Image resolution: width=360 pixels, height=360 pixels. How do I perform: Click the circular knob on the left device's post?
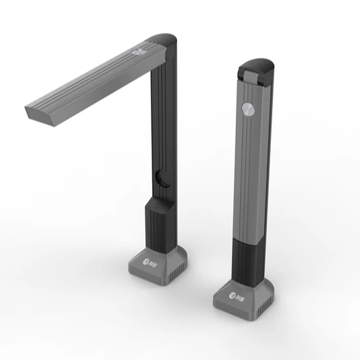(161, 178)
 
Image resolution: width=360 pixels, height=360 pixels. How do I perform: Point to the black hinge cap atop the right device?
(259, 67)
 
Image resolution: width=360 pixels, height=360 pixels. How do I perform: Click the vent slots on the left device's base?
(178, 271)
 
